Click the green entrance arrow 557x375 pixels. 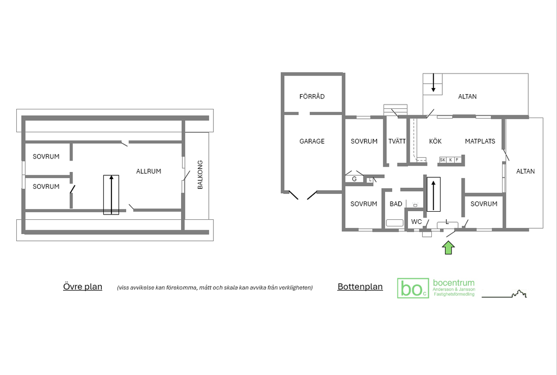coord(448,248)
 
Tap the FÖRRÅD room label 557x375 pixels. coord(312,96)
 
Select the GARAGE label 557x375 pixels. coord(312,141)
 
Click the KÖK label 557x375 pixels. coord(435,141)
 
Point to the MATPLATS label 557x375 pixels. coord(480,141)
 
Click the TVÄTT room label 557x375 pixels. coord(397,141)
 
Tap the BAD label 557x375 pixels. coord(396,204)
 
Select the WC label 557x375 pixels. coord(416,222)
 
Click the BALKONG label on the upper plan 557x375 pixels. coord(200,175)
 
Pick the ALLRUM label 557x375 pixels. coord(148,171)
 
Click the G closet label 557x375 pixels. coord(354,179)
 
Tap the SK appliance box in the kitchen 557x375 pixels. coord(443,160)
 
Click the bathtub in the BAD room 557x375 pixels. coord(395,223)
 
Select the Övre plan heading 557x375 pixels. coord(83,286)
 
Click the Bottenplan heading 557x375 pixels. coord(360,286)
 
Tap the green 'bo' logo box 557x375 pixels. coord(413,288)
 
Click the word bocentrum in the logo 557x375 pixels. coord(454,283)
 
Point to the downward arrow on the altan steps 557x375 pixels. coord(433,83)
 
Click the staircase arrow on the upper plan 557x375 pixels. coord(111,195)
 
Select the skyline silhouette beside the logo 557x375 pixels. coord(504,294)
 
